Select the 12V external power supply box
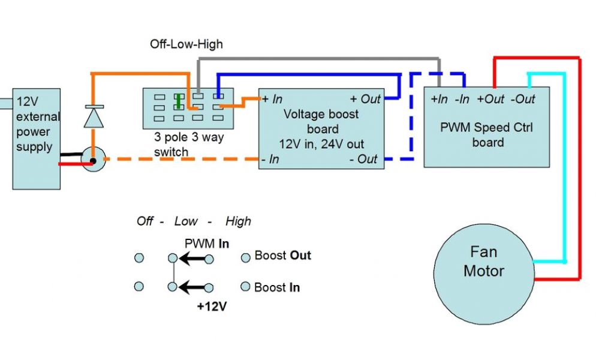37,139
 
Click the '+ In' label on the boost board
272,99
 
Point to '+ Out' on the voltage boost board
365,99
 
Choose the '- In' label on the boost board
270,159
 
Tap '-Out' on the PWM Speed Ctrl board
523,99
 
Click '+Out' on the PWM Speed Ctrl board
491,99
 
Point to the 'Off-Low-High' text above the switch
186,44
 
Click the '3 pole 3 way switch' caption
188,145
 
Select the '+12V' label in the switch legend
212,306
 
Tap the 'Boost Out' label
282,256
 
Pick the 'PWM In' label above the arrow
207,243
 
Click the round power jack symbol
93,160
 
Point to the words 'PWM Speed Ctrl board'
486,135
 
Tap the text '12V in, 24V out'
323,144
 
